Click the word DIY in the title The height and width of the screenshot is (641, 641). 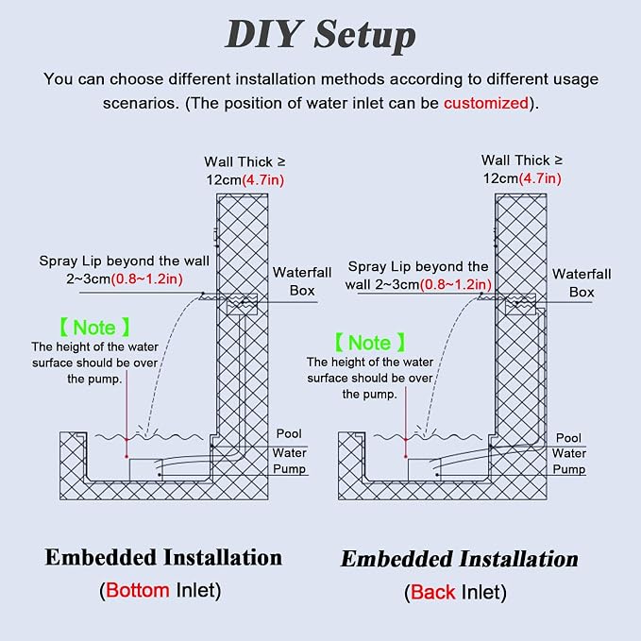pos(263,34)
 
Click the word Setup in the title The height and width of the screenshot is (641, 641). pos(364,36)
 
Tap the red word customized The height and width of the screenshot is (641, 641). pos(486,103)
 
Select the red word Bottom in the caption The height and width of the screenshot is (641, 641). pos(138,590)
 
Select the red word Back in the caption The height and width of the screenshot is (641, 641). pos(432,592)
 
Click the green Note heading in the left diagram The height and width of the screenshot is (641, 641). pos(94,328)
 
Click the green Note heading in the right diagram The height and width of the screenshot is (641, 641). pos(370,343)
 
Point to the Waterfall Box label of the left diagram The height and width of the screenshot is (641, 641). pos(302,281)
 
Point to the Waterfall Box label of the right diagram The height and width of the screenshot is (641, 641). pos(582,283)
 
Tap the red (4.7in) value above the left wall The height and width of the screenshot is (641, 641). pos(262,180)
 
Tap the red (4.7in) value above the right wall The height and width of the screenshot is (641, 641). pos(540,178)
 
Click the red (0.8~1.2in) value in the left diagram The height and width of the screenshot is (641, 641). pos(146,279)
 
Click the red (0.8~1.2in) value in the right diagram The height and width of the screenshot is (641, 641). pos(455,284)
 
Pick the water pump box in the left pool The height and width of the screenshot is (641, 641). pos(146,470)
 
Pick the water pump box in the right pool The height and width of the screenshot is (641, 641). pos(424,470)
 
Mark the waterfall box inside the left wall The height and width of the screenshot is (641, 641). pos(242,304)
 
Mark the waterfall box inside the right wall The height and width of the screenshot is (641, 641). pos(520,304)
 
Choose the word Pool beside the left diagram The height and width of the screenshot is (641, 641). pos(289,433)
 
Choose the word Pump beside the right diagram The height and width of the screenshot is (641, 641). pos(568,469)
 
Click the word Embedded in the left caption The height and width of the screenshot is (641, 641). pos(101,557)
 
